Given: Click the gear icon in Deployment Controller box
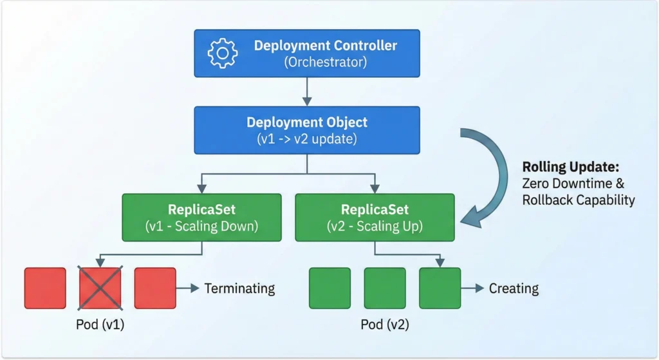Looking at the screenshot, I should pyautogui.click(x=223, y=53).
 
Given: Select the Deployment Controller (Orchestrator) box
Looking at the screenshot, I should pyautogui.click(x=307, y=53).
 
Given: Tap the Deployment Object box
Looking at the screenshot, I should pyautogui.click(x=307, y=130).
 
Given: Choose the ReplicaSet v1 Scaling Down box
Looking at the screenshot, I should pyautogui.click(x=201, y=217).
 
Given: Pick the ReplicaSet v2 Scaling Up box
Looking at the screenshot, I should pyautogui.click(x=375, y=217).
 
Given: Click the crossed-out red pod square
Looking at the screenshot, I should pyautogui.click(x=100, y=288).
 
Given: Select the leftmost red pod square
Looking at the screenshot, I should pyautogui.click(x=45, y=288).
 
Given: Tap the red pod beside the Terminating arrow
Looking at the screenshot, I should pyautogui.click(x=155, y=288).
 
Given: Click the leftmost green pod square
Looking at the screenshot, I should pyautogui.click(x=330, y=288).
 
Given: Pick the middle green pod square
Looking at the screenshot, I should pyautogui.click(x=385, y=288).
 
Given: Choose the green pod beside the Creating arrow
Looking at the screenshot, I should pyautogui.click(x=440, y=288).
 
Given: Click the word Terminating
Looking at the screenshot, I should pyautogui.click(x=239, y=289).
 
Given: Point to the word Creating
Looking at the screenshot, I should pyautogui.click(x=514, y=289).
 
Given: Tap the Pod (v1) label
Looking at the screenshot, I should pyautogui.click(x=100, y=325).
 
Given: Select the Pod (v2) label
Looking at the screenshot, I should pyautogui.click(x=385, y=325).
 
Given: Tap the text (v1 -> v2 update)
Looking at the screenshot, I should pyautogui.click(x=307, y=138).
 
